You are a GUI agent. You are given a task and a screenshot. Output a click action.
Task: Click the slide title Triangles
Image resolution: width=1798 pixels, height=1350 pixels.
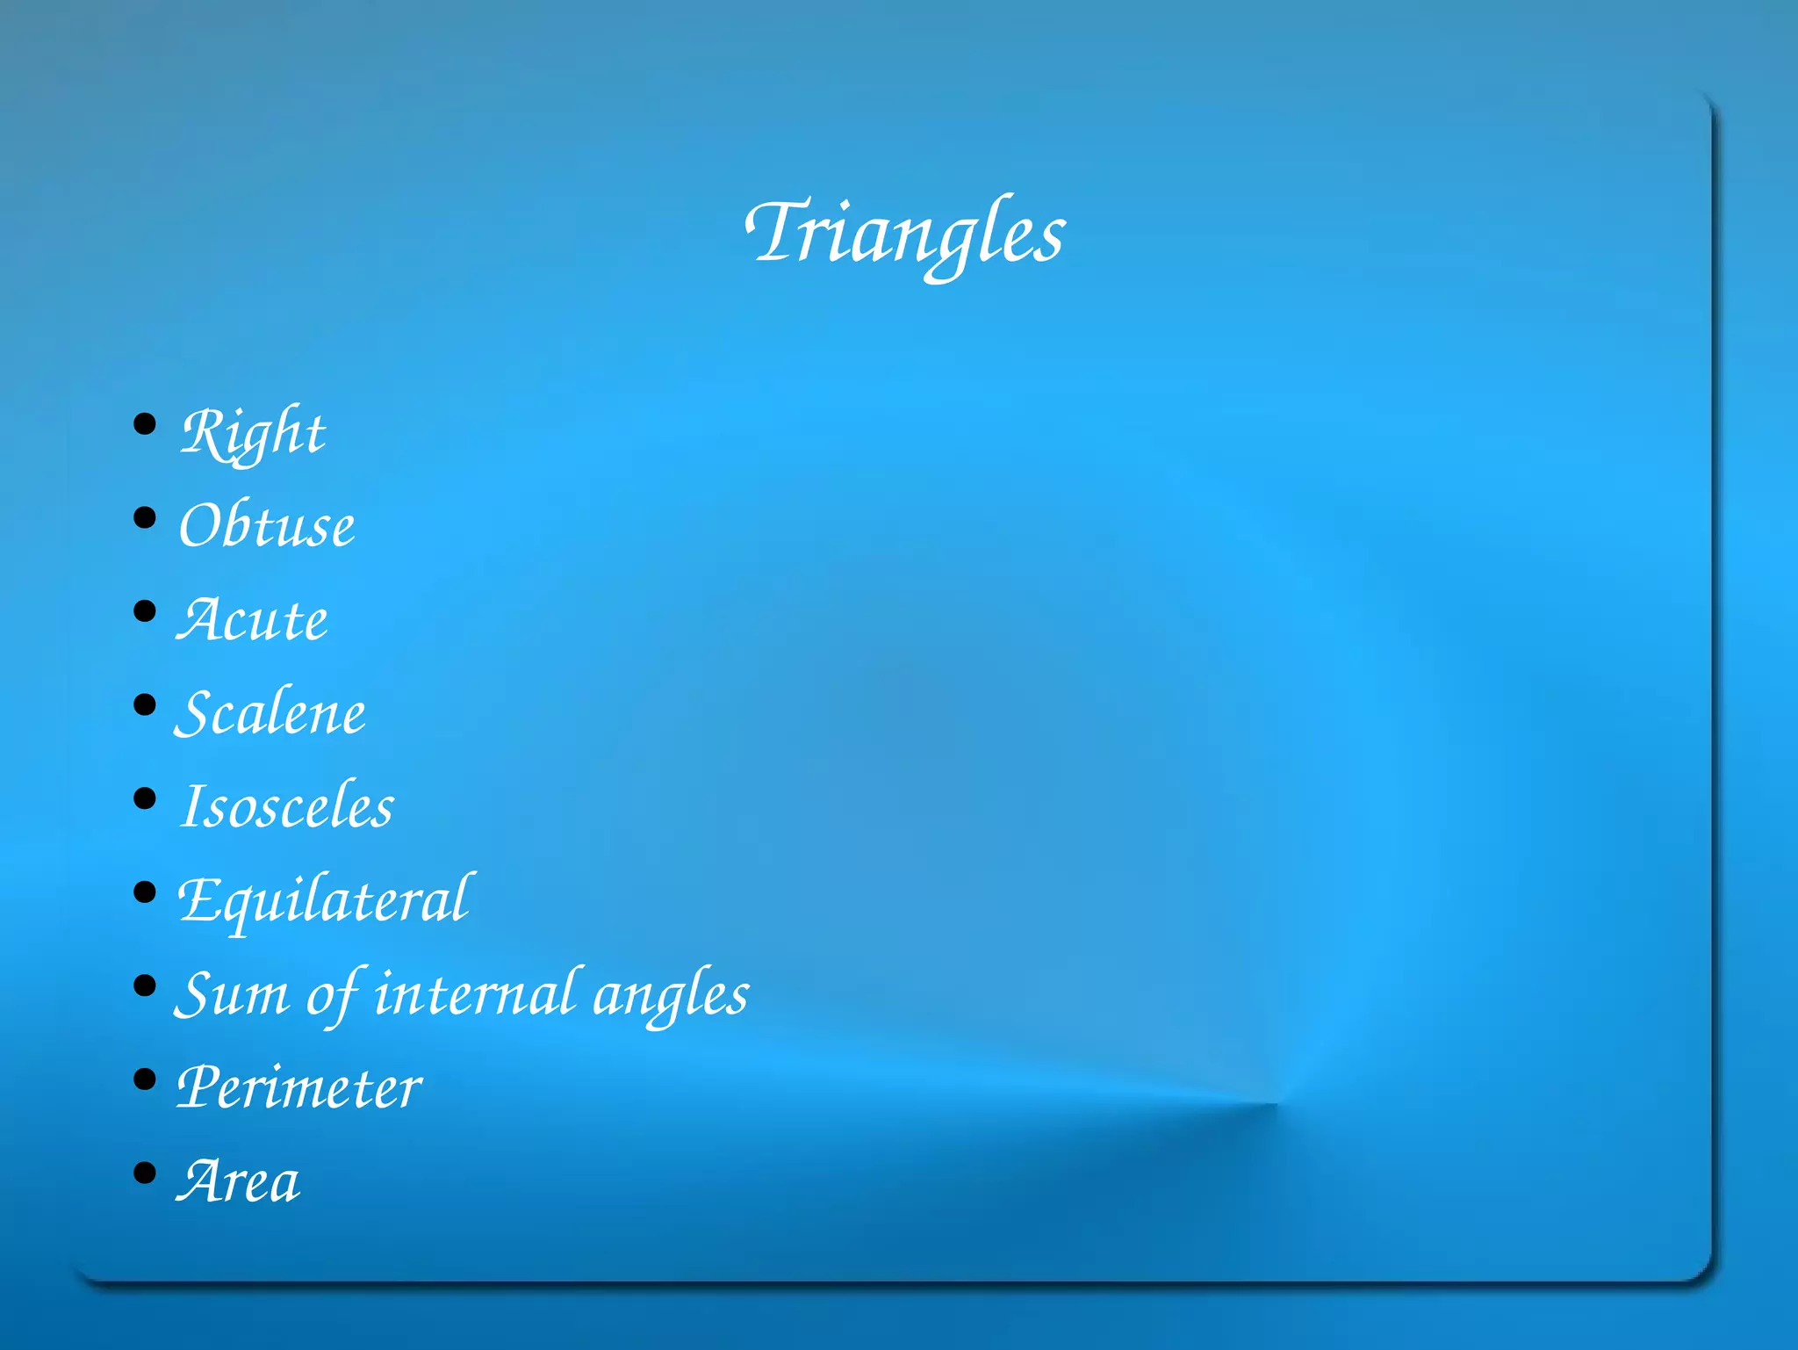point(906,233)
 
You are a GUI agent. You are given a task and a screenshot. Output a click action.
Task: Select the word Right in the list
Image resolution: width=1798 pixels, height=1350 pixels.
point(253,432)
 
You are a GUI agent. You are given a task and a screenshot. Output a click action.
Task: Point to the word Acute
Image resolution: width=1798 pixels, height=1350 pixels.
point(253,620)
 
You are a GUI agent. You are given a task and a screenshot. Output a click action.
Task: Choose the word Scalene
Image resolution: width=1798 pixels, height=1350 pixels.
point(270,712)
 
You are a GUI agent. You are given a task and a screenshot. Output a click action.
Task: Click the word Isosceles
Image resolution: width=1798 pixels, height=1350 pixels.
point(287,806)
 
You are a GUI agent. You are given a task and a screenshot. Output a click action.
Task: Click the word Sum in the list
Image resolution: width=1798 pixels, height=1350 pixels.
point(232,994)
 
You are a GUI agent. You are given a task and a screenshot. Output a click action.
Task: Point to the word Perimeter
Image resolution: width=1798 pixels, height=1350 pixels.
point(299,1087)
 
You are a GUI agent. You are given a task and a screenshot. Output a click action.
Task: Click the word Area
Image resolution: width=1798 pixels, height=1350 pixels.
point(239,1181)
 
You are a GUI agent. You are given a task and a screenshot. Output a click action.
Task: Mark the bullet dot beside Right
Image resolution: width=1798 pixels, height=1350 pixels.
point(145,424)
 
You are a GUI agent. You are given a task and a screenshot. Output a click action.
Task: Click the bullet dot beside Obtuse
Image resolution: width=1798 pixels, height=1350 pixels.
point(145,517)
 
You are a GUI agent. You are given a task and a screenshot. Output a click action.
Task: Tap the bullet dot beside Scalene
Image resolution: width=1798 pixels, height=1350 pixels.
point(145,704)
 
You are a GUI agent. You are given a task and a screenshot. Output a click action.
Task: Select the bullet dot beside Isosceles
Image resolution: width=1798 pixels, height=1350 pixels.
point(145,798)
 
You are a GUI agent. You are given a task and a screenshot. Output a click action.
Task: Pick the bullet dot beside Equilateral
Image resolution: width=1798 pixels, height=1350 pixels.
point(145,892)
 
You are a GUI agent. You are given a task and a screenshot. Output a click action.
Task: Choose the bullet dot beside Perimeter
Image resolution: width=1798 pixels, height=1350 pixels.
point(145,1079)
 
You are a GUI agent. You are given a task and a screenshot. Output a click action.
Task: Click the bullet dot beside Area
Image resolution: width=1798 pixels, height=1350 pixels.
point(145,1173)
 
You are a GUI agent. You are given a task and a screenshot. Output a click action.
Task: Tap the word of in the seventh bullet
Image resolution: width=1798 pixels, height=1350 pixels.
point(333,994)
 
